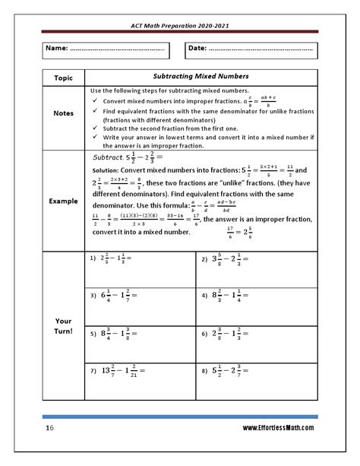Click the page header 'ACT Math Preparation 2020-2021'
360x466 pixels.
click(179, 25)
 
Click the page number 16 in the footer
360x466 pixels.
click(48, 430)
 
